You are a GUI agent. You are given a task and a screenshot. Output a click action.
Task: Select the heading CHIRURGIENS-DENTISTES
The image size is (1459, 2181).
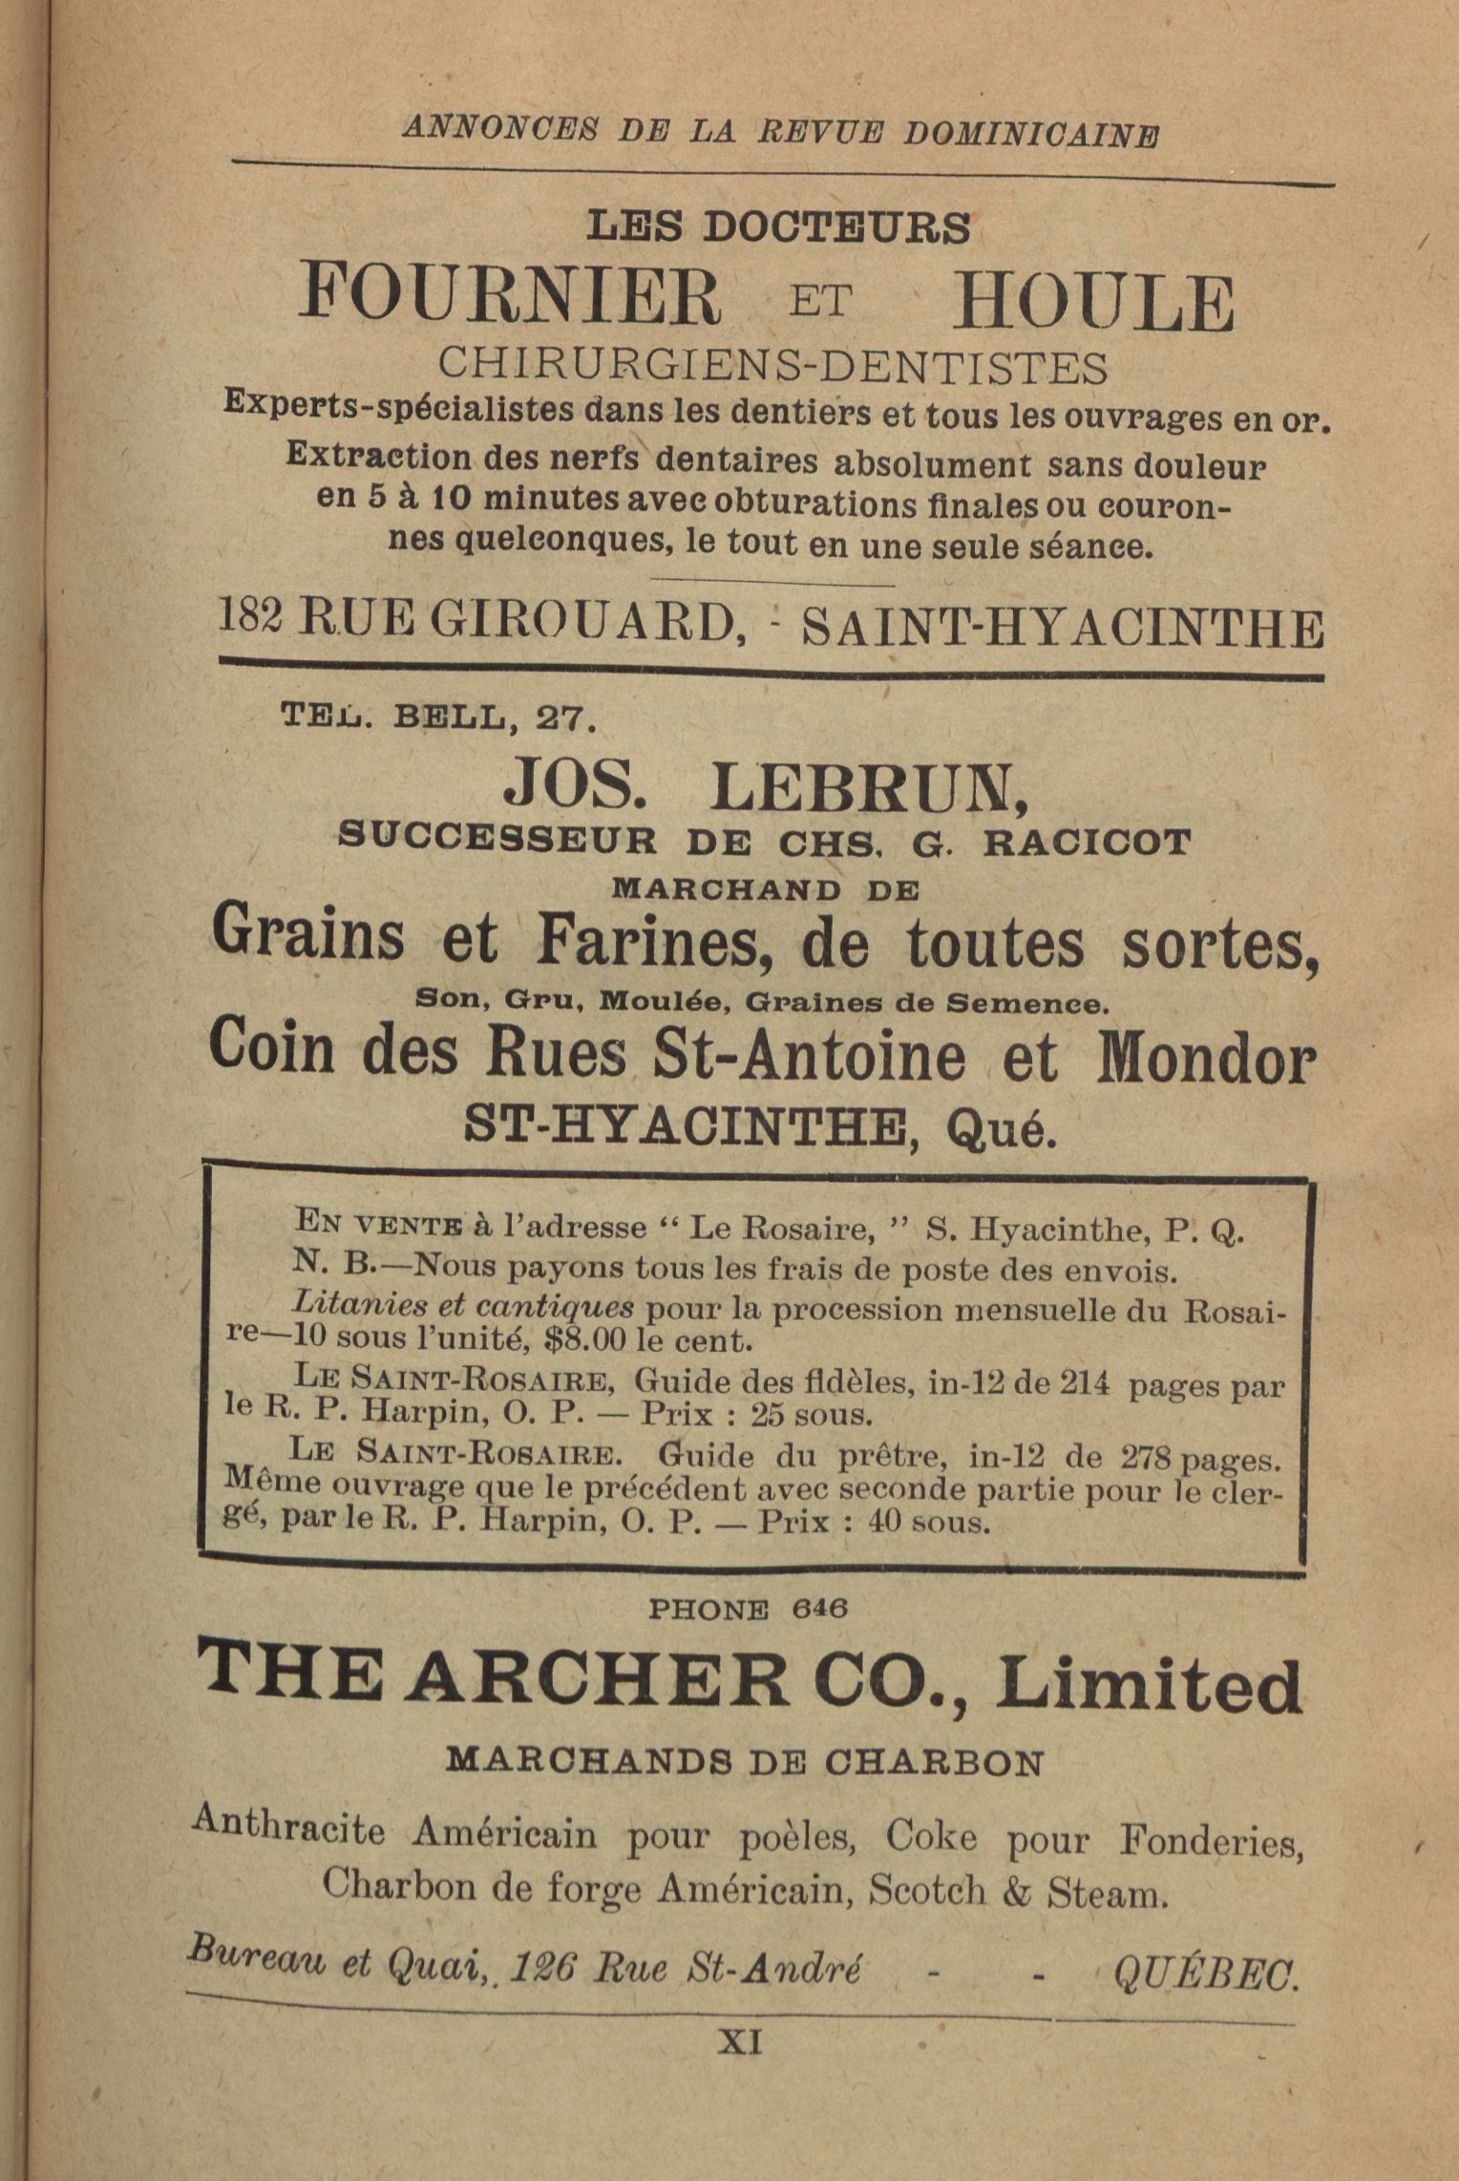772,365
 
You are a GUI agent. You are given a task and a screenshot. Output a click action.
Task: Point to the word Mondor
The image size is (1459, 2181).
1206,1060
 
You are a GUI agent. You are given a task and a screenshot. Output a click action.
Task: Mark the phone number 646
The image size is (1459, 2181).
819,1608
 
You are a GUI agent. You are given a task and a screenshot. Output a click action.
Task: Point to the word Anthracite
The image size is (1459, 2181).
288,1828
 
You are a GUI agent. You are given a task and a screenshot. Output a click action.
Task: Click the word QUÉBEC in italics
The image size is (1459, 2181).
1205,1972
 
